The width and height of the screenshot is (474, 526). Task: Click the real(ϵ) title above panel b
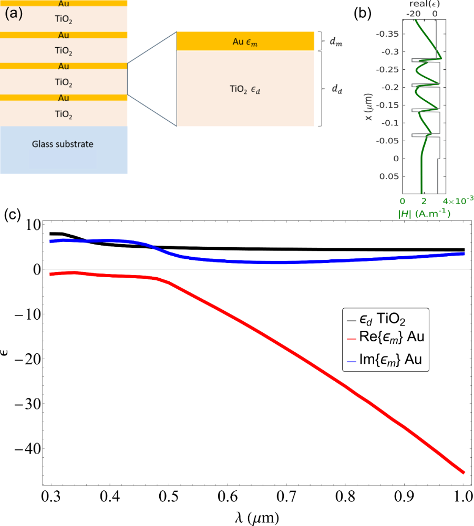(423, 4)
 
